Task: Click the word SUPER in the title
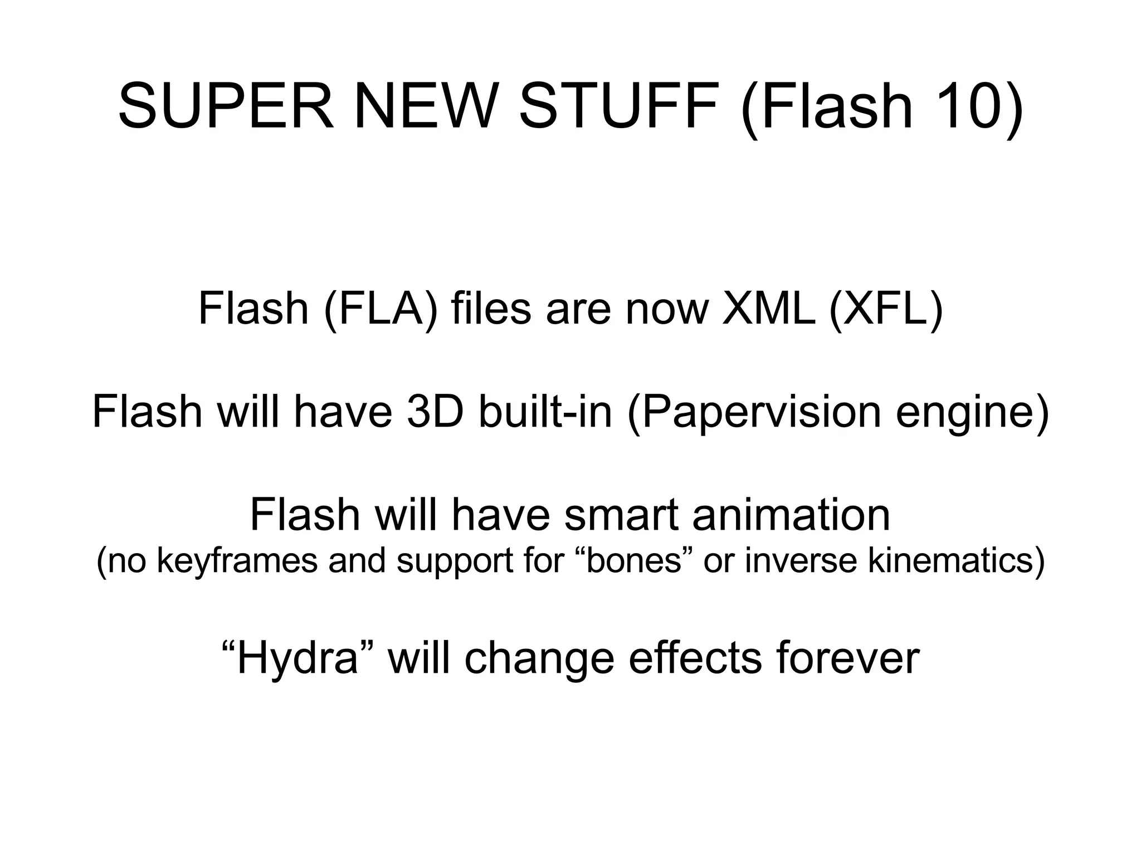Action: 226,106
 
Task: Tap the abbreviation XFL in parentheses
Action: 885,309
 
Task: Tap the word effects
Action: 694,659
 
